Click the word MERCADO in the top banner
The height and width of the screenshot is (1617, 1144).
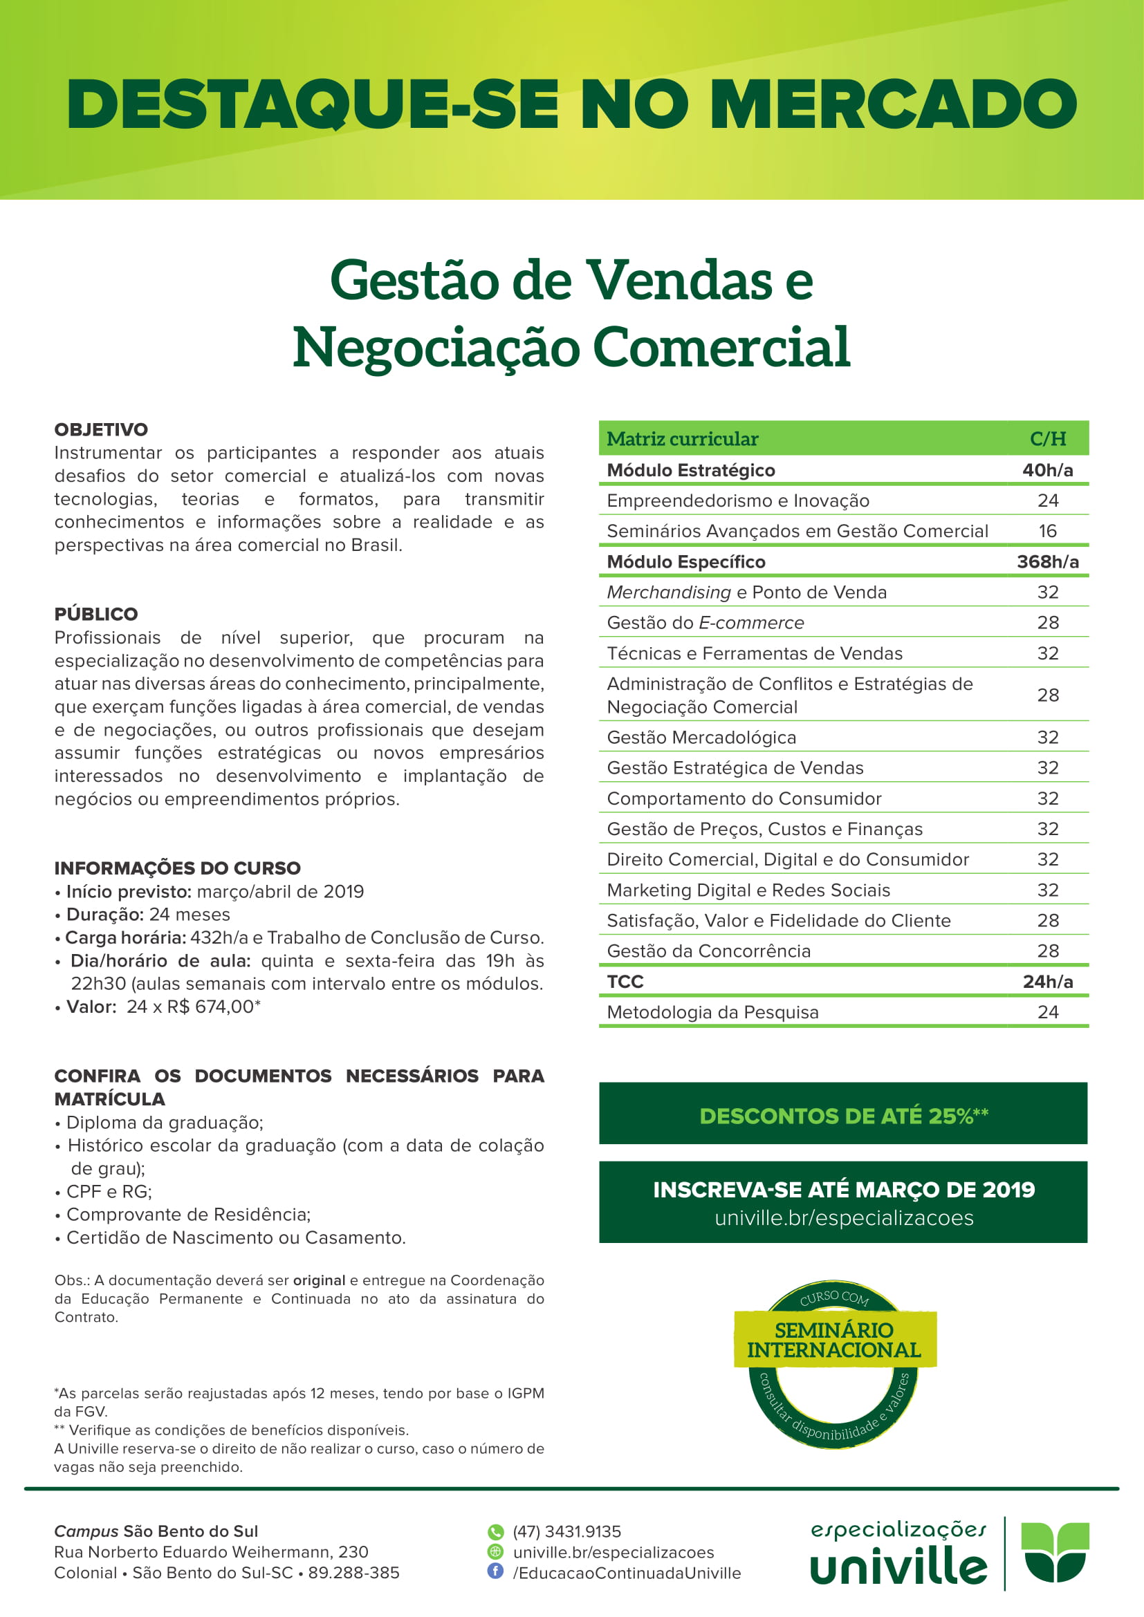click(893, 104)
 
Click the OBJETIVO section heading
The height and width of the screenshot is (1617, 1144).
click(102, 429)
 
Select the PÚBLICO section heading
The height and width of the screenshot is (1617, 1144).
click(97, 614)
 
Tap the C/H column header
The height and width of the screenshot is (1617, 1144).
click(1047, 439)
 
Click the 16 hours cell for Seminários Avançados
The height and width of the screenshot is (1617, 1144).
click(1047, 531)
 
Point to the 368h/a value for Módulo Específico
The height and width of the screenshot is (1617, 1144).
click(1047, 561)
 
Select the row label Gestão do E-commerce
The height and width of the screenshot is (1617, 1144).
click(705, 623)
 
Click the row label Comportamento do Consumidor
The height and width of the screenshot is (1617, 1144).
click(744, 798)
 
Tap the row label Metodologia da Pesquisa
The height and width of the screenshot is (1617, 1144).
click(712, 1012)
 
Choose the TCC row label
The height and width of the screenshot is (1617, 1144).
click(625, 982)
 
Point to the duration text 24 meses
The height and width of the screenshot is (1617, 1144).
click(190, 914)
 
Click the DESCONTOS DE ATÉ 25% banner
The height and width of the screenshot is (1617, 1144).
click(843, 1116)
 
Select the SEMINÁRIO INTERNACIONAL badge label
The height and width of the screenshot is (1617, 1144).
click(834, 1340)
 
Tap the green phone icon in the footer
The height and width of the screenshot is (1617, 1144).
click(496, 1532)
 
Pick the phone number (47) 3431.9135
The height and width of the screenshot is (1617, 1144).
click(567, 1532)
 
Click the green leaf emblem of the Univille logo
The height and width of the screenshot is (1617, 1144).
click(1055, 1551)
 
